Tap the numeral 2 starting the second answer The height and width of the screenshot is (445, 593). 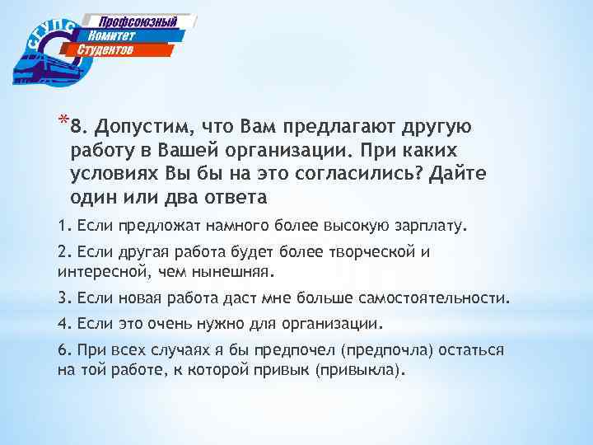[62, 252]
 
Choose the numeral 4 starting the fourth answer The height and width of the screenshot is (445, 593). [62, 323]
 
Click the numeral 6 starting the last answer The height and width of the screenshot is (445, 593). [62, 350]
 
